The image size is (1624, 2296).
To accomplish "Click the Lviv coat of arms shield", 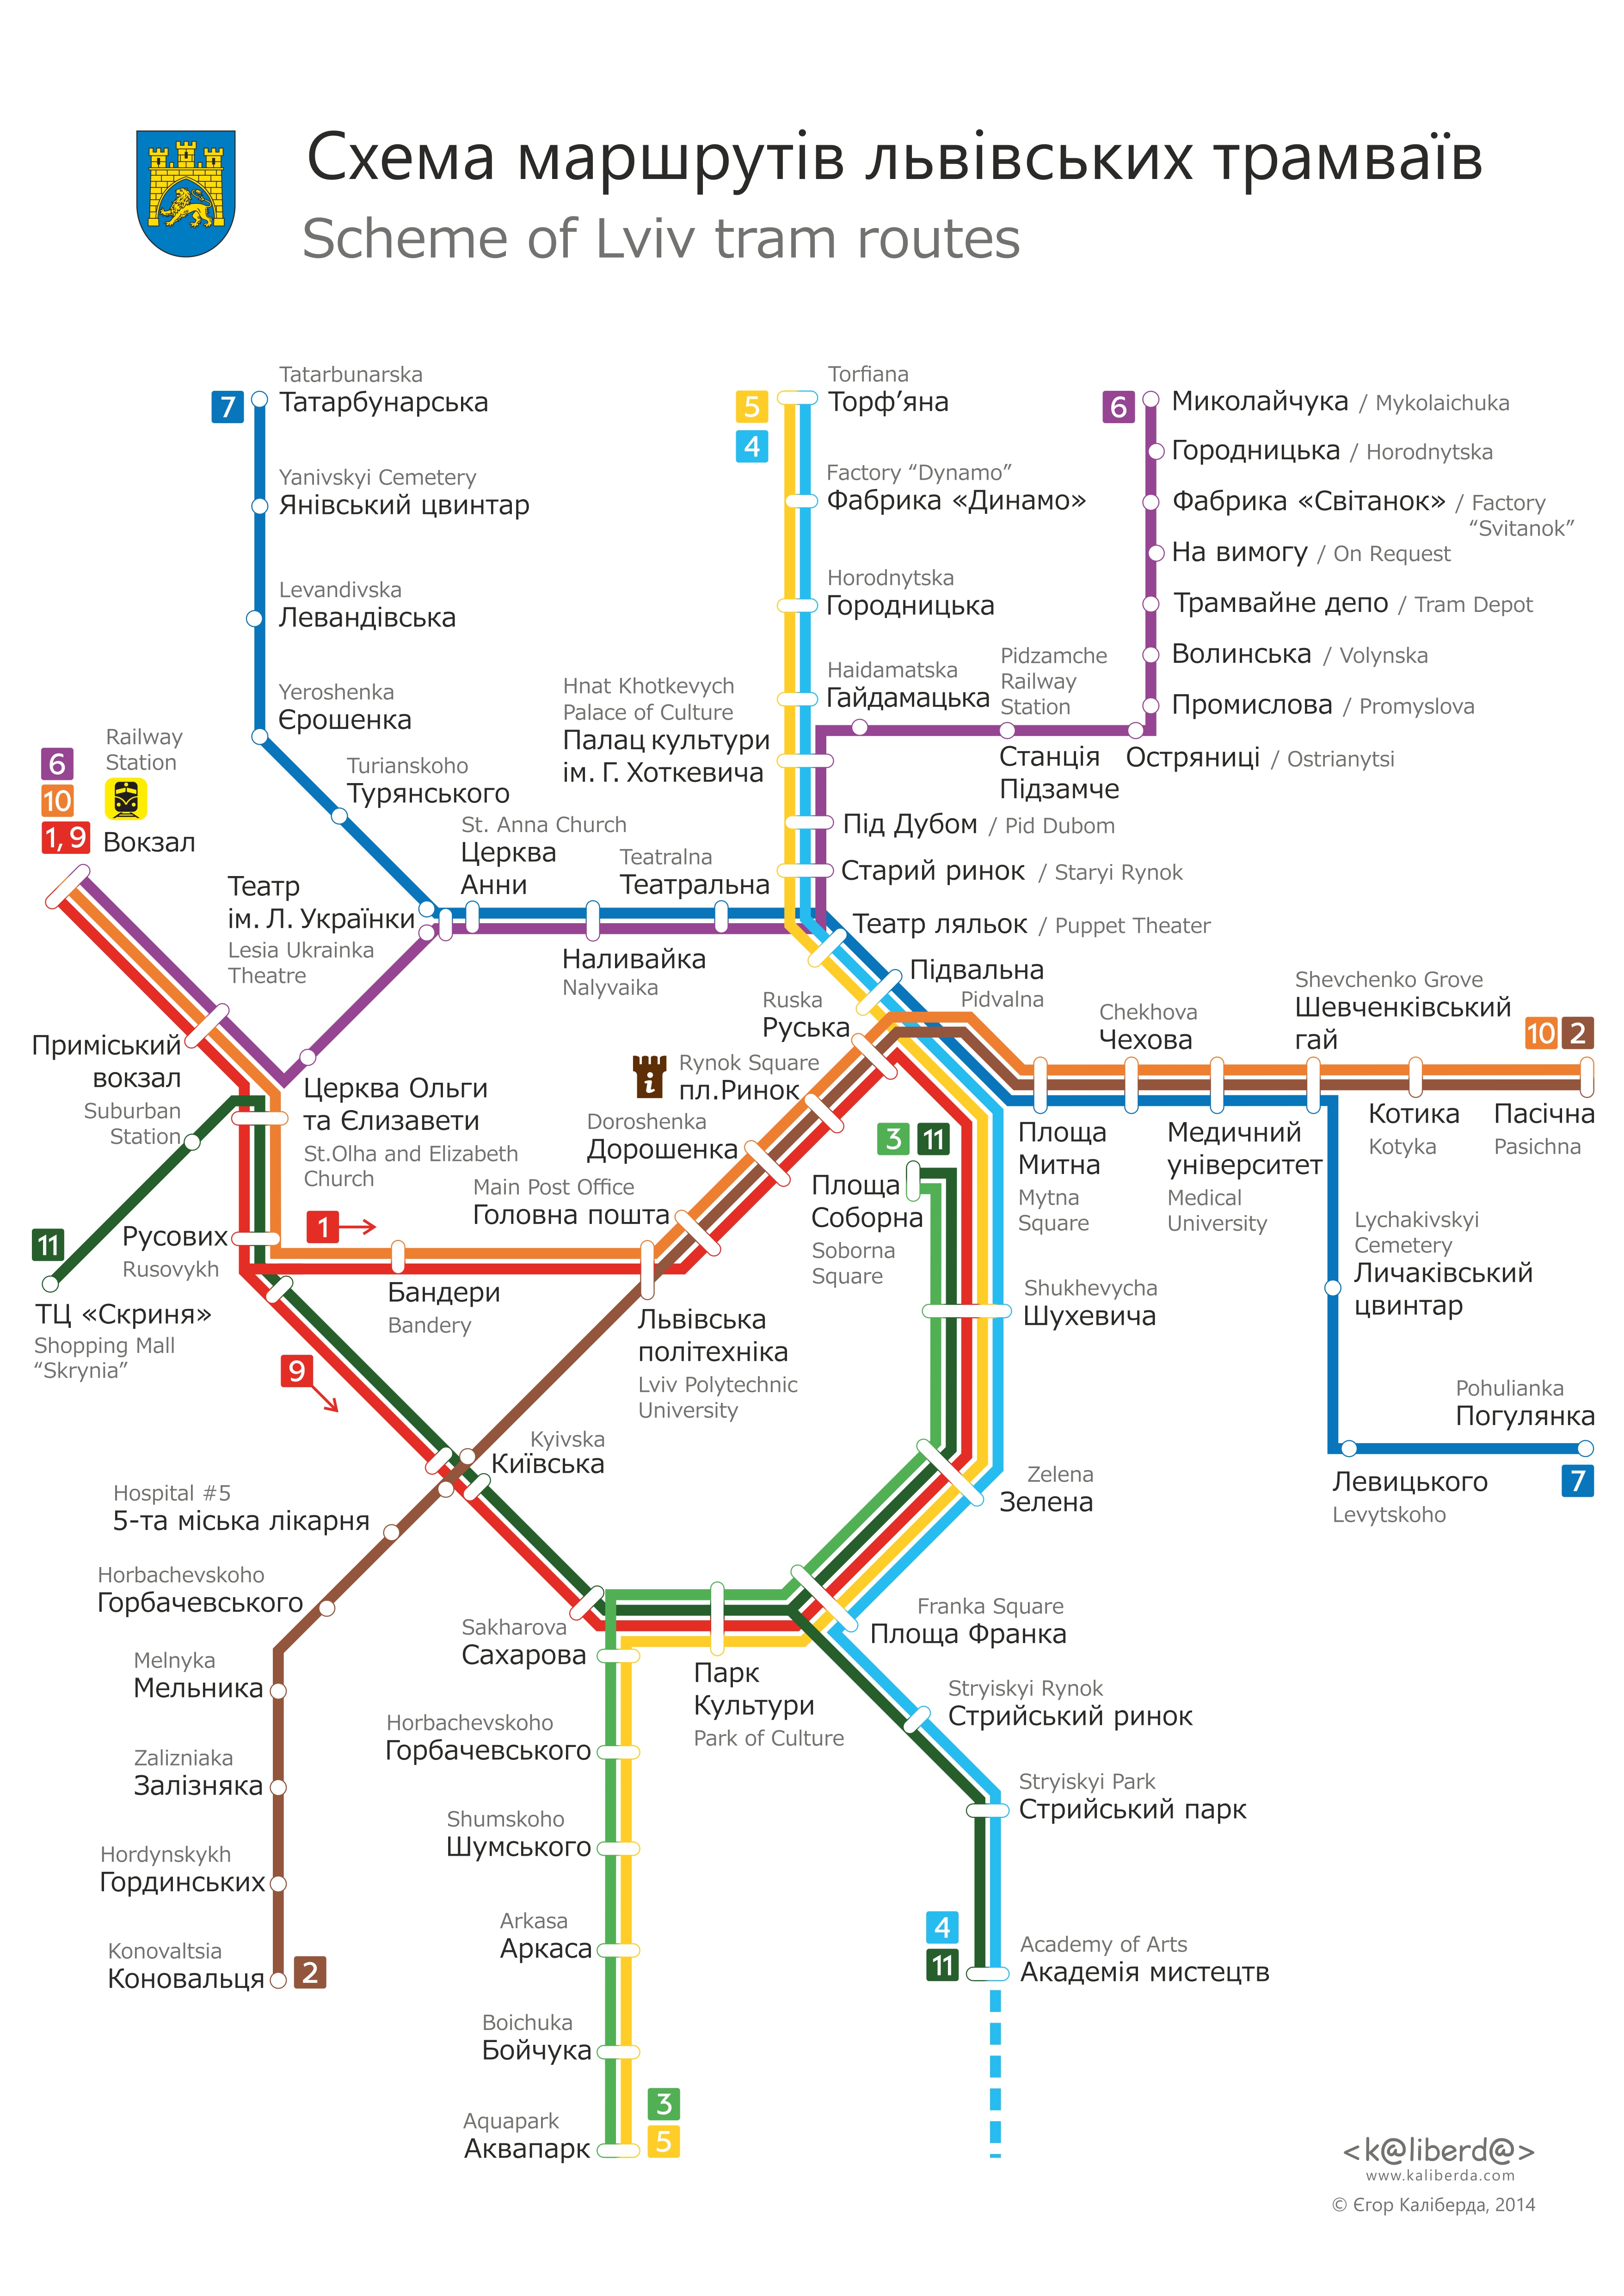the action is coord(186,192).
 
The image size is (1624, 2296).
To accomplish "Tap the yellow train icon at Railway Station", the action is coord(126,799).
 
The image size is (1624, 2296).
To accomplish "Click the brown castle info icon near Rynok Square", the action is coord(649,1076).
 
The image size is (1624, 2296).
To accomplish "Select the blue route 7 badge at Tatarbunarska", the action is coord(228,406).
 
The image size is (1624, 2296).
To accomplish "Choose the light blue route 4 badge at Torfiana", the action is coord(752,446).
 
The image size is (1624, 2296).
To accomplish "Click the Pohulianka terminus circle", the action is coord(1585,1448).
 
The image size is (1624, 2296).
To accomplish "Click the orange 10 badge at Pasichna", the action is coord(1541,1033).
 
